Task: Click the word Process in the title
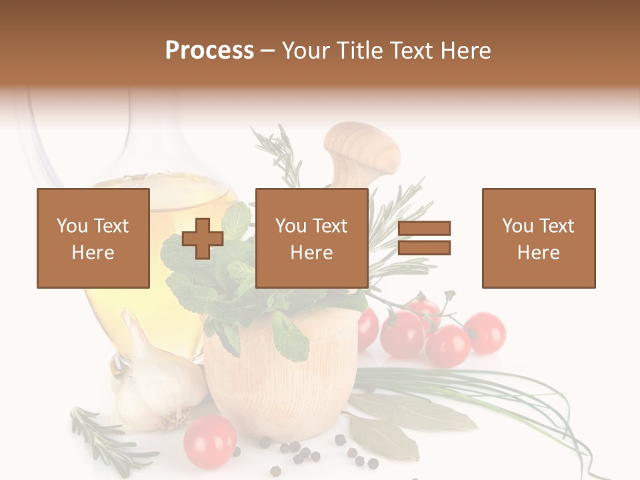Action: point(209,51)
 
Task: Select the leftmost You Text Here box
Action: point(93,238)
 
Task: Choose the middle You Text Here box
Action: point(312,238)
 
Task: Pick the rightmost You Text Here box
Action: point(539,238)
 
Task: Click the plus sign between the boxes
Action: point(203,239)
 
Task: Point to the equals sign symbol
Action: point(424,238)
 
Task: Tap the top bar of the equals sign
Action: point(424,229)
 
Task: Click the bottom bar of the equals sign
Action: point(424,247)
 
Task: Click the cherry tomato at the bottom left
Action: point(209,441)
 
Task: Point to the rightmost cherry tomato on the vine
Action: point(485,331)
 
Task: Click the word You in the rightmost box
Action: point(518,226)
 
